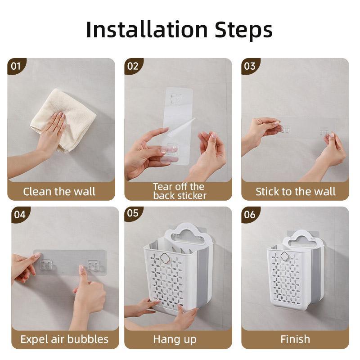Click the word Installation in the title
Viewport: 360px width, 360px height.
147,30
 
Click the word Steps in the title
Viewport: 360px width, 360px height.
243,31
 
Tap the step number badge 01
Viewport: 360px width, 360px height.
16,66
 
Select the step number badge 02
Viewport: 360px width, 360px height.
133,66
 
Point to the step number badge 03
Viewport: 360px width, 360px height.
250,66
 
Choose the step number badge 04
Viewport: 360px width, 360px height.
20,215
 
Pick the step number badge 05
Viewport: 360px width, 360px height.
133,213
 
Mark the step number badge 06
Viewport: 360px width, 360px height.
250,215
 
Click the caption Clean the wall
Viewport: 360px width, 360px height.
59,192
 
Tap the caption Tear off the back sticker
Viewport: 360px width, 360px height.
180,191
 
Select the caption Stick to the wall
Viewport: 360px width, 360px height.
296,192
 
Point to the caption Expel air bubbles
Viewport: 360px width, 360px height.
64,339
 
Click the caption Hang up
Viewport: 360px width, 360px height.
175,340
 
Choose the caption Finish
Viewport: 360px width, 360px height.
295,339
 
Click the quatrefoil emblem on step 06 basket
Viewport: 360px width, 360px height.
285,256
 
